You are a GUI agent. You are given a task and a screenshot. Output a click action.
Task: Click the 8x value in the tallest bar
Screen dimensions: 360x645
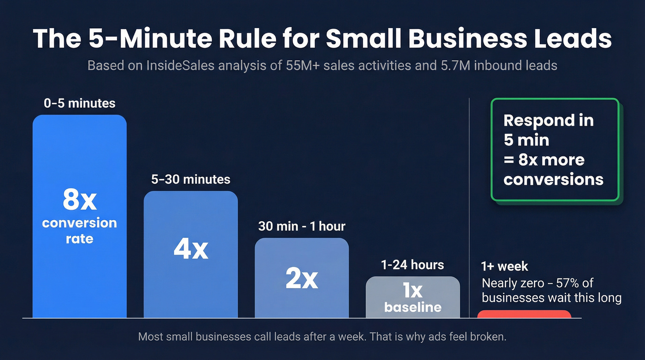click(79, 200)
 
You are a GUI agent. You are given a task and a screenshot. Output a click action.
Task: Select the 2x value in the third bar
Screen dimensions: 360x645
click(302, 279)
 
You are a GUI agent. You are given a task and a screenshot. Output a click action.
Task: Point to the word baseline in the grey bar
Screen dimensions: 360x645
click(413, 307)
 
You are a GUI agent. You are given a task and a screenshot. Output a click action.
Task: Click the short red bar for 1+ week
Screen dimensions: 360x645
click(524, 314)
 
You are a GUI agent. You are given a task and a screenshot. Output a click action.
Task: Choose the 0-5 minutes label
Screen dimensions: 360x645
click(79, 103)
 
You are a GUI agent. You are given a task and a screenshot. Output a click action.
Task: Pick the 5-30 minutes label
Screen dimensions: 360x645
click(191, 179)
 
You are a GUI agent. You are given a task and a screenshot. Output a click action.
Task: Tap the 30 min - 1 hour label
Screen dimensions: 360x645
click(302, 226)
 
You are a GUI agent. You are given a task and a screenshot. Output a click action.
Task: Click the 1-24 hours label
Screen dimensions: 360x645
click(413, 265)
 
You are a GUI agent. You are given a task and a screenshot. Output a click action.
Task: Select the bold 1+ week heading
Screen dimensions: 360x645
click(504, 266)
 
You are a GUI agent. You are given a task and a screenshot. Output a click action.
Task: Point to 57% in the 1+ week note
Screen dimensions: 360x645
click(570, 283)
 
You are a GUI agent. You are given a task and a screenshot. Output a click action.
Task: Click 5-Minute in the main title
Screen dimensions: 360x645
click(141, 39)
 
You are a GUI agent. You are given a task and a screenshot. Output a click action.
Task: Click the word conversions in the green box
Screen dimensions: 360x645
click(553, 179)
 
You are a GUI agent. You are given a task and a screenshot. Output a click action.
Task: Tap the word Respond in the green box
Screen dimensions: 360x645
click(536, 121)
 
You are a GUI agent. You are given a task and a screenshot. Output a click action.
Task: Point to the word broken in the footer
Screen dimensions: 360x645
click(490, 337)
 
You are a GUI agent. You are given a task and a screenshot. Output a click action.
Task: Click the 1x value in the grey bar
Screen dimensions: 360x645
click(413, 291)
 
